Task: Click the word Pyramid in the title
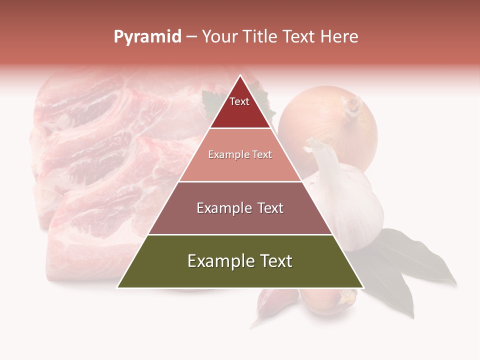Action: coord(147,37)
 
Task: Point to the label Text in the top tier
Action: coord(239,101)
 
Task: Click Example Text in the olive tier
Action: coord(240,261)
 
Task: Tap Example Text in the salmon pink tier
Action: coord(240,154)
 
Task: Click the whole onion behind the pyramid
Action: coord(327,125)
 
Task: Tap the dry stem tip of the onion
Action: coord(352,105)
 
